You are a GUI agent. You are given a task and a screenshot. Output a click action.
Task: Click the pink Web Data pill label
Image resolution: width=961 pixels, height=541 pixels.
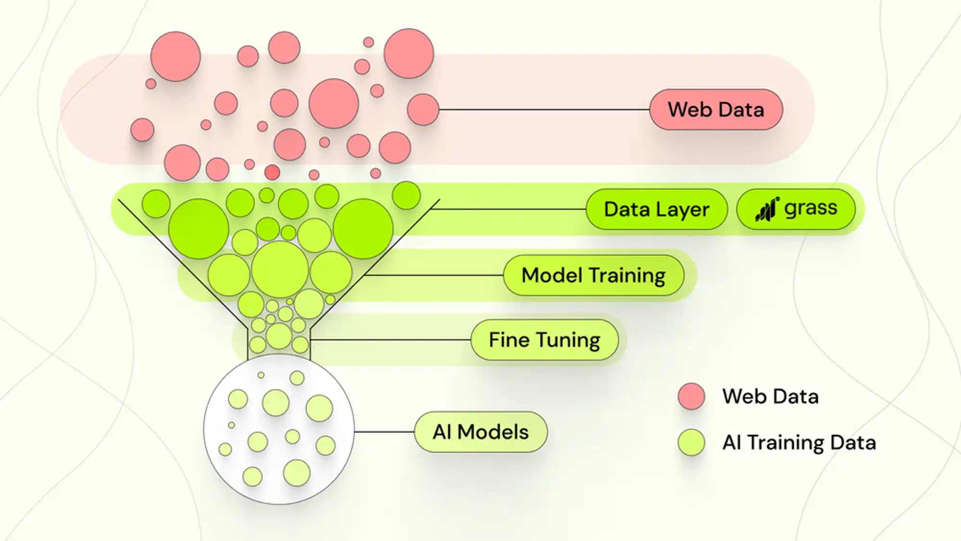[716, 110]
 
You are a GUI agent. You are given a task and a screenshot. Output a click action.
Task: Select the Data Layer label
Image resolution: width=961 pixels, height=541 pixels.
[656, 209]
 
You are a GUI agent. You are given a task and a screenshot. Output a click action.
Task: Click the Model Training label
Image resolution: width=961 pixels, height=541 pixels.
[593, 275]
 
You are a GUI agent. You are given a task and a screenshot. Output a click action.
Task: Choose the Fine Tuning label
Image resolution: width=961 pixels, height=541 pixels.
[544, 340]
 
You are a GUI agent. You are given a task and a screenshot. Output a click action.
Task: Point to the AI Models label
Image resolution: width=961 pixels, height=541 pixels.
[480, 432]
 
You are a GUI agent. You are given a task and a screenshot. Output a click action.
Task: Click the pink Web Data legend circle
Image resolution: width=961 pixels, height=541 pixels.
[691, 396]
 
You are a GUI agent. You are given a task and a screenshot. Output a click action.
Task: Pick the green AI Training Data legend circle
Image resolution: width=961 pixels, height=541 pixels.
[691, 443]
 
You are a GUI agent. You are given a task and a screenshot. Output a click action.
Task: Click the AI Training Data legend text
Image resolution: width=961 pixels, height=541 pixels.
[799, 443]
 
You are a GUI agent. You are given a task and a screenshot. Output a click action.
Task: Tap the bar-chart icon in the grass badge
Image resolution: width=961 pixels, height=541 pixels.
[767, 209]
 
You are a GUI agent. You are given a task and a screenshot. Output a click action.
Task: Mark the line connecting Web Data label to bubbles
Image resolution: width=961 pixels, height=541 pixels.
[543, 110]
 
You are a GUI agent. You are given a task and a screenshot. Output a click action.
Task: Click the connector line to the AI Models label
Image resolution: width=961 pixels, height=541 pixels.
[384, 432]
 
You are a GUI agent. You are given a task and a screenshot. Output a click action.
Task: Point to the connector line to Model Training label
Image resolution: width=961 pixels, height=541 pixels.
[432, 275]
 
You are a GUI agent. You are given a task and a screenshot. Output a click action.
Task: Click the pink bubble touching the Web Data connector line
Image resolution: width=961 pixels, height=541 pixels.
[423, 110]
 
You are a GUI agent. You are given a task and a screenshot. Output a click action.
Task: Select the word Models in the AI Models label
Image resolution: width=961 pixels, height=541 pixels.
[493, 432]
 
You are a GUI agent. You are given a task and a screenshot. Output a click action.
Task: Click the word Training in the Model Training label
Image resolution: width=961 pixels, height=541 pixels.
[627, 275]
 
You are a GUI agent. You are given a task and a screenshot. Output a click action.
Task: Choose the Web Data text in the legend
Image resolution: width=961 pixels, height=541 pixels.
[770, 396]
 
